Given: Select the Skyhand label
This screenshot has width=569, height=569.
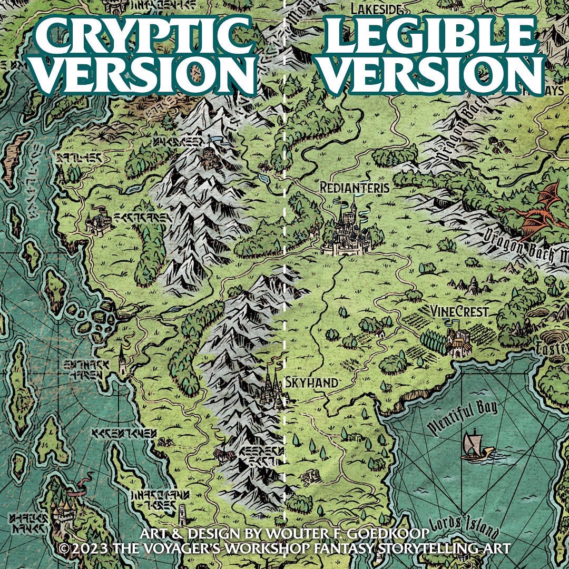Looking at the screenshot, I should point(311,383).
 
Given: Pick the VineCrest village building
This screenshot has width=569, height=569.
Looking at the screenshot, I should point(458,342).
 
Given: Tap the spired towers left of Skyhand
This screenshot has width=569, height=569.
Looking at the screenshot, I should point(273,387).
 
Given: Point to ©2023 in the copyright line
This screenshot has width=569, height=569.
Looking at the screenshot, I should point(85,549).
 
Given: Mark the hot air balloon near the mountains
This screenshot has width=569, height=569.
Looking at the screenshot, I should point(494,142).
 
